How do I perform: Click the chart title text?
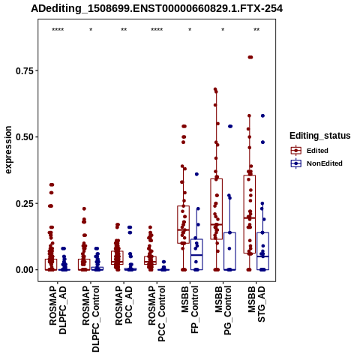click(x=157, y=8)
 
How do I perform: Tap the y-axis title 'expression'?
click(x=8, y=150)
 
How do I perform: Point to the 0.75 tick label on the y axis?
click(x=25, y=71)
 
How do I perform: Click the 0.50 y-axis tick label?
click(x=25, y=137)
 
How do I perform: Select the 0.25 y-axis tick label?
click(x=25, y=203)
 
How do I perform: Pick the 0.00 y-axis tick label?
click(x=25, y=270)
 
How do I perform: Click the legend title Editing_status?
click(x=320, y=136)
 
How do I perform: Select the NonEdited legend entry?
click(x=316, y=163)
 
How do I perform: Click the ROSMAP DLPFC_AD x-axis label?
click(x=58, y=310)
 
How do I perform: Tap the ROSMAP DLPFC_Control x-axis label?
click(x=91, y=319)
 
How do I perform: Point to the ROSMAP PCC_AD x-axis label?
click(x=124, y=305)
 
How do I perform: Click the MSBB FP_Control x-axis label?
click(x=190, y=310)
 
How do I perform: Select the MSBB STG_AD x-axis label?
click(x=256, y=304)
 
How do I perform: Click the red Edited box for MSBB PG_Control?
click(x=217, y=209)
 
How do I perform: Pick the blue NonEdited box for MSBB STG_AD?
click(x=262, y=251)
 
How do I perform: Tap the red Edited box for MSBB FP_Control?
click(x=184, y=224)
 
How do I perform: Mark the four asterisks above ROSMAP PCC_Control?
click(x=157, y=30)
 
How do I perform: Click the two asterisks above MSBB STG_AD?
click(x=256, y=30)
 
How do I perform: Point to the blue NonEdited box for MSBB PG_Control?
click(x=229, y=251)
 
